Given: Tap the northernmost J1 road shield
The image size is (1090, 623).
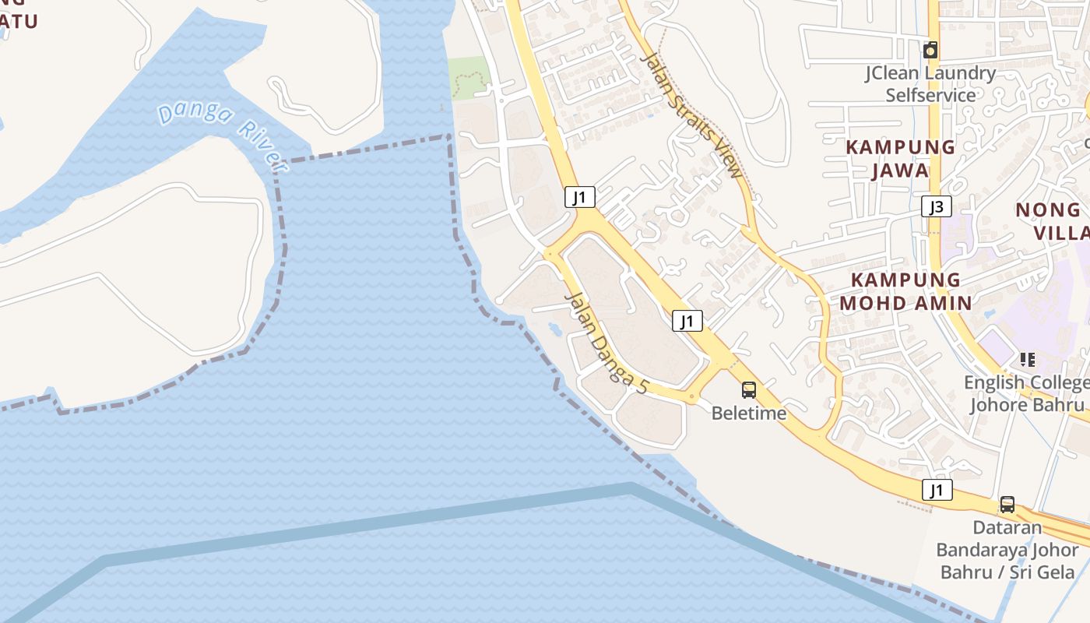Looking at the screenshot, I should [580, 197].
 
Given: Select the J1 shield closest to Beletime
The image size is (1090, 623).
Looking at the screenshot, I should [687, 320].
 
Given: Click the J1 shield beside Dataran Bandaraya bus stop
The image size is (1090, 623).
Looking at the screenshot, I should [937, 490].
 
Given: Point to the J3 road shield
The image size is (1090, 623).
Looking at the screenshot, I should [937, 206].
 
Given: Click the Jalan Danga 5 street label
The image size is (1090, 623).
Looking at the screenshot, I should [606, 341].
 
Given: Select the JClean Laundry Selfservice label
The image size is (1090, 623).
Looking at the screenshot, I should [930, 84].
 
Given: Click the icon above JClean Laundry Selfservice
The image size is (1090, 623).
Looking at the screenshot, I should [930, 51].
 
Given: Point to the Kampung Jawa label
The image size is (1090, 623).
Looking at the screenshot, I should [901, 158].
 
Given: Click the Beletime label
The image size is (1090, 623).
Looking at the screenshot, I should [749, 414].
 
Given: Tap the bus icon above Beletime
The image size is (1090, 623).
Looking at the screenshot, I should [749, 390].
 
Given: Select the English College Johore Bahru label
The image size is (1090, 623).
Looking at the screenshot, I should [1026, 393].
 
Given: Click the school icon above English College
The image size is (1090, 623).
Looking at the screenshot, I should [1028, 360].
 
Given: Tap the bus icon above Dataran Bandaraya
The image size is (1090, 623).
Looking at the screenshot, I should [1007, 505].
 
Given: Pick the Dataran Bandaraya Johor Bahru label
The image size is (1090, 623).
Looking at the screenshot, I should [1007, 550].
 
